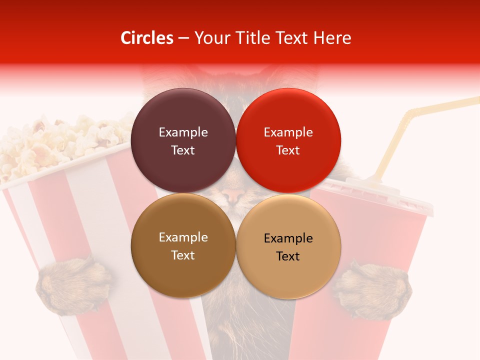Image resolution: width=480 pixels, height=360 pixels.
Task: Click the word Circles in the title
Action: (146, 38)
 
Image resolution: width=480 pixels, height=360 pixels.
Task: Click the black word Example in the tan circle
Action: (288, 238)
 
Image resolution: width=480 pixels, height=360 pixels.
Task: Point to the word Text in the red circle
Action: (288, 150)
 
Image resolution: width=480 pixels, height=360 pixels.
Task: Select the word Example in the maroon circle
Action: (183, 132)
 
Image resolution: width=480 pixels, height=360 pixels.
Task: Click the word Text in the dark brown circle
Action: (183, 255)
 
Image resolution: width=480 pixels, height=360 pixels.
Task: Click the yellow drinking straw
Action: (400, 135)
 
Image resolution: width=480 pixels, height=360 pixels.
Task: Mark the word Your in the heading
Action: (212, 38)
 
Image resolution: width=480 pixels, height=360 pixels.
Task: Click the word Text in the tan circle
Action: (288, 256)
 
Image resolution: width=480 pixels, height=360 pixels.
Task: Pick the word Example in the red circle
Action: (288, 132)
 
